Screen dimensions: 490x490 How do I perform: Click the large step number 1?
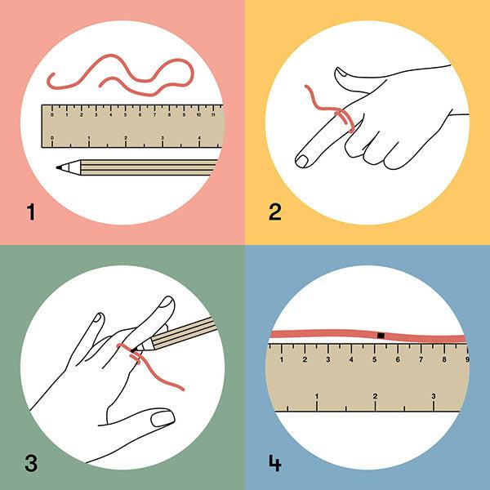pos(31,212)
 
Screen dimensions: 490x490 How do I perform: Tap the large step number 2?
pos(275,212)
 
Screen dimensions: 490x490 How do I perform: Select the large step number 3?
pos(31,463)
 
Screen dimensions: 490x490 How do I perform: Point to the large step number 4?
pos(275,463)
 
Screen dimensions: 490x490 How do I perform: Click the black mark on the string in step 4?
pos(381,336)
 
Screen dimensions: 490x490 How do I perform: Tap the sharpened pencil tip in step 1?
pos(58,167)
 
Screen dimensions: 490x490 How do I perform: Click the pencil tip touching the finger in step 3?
pos(133,350)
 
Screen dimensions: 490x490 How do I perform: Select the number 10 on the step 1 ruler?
pos(198,115)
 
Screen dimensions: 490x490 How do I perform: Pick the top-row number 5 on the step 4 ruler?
pos(374,359)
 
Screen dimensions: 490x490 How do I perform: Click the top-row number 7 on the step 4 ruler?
pos(421,359)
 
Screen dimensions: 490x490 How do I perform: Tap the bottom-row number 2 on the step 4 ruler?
pos(375,396)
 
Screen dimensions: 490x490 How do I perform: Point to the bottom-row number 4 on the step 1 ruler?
pos(199,138)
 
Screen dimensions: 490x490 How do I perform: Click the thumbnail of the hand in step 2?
pos(343,73)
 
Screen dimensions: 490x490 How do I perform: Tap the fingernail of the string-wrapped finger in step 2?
pos(302,161)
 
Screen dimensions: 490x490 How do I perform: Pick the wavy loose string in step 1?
pos(120,75)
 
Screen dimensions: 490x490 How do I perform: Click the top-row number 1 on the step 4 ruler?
pos(282,359)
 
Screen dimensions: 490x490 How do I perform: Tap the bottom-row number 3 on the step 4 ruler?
pos(434,396)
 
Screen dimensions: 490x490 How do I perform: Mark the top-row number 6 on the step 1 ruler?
pos(140,115)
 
